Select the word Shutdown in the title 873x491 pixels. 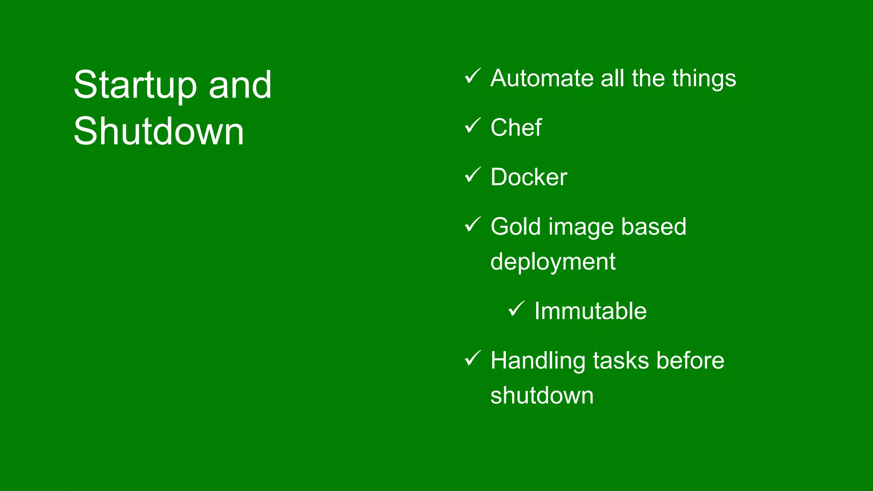tap(159, 131)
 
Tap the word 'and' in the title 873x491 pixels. tap(240, 85)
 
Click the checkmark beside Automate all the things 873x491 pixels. tap(473, 76)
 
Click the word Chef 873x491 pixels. tap(516, 127)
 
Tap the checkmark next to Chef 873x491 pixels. tap(473, 126)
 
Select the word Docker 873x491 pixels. tap(529, 177)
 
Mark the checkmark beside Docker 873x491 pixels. tap(473, 175)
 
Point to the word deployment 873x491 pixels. tap(553, 262)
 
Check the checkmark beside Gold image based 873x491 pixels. tap(473, 224)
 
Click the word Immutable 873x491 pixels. tap(590, 311)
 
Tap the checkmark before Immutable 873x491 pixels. tap(517, 309)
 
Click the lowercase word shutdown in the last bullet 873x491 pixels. tap(542, 396)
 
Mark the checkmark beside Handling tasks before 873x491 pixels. tap(473, 358)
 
